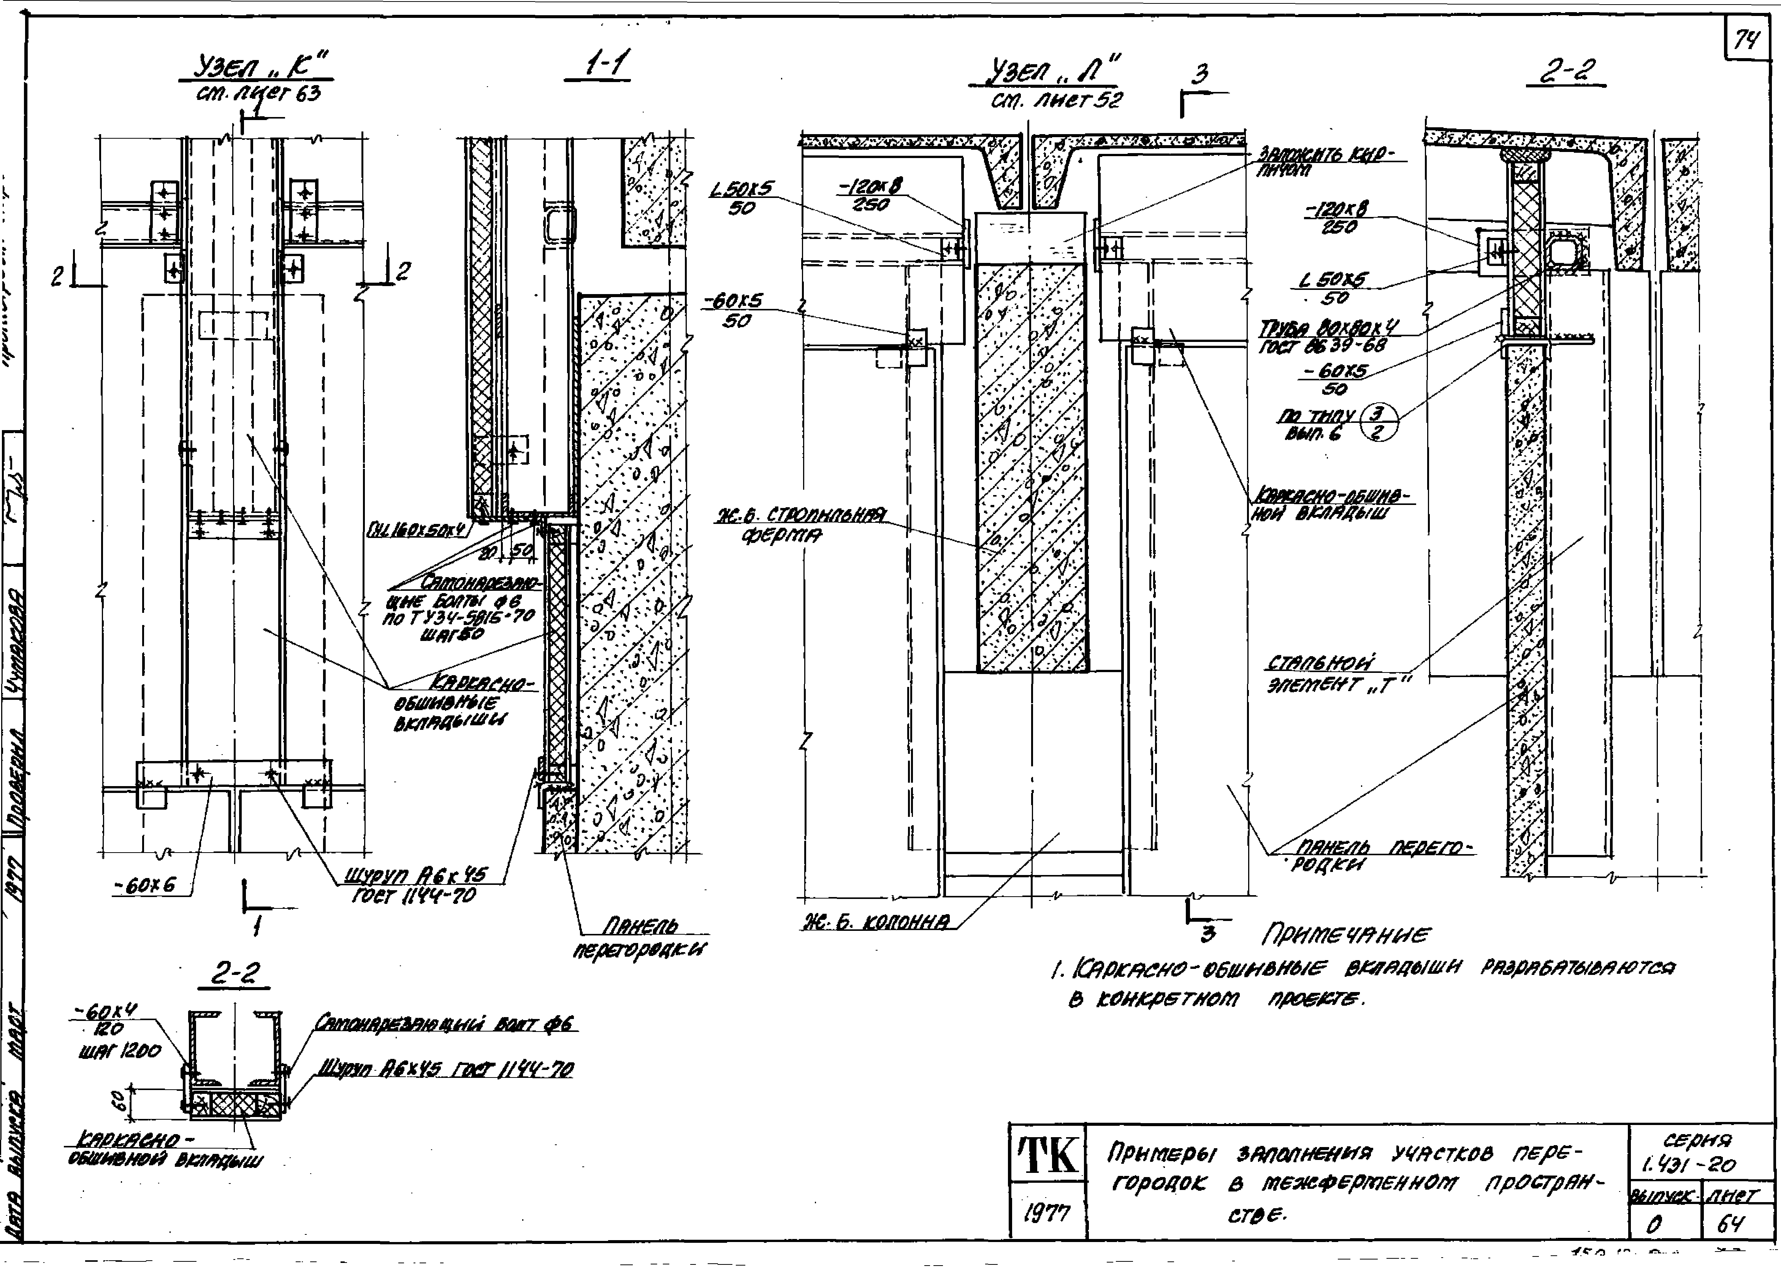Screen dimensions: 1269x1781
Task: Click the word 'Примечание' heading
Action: click(1346, 935)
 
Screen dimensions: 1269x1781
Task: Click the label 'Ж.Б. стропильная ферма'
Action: click(801, 525)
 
